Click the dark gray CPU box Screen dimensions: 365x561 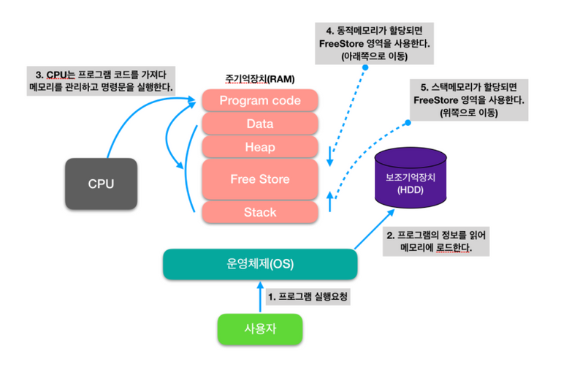pos(101,184)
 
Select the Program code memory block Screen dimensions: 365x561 pos(259,101)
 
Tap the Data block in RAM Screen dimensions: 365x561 pos(259,124)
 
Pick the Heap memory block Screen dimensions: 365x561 pos(259,147)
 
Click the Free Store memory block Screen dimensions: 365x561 pos(259,179)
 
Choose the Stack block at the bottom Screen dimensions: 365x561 pos(259,212)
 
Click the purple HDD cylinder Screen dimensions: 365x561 pos(409,178)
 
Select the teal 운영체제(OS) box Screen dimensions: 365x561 pos(259,264)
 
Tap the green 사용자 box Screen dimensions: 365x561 pos(259,328)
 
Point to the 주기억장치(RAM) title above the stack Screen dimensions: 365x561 pos(260,78)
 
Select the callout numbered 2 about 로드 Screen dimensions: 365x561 pos(436,241)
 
